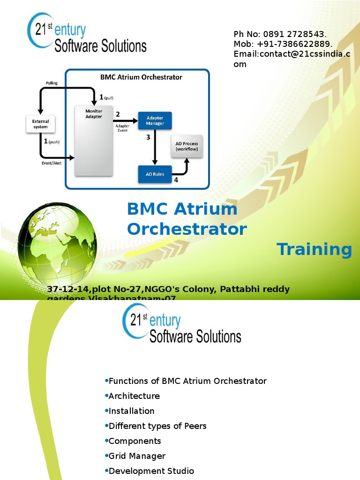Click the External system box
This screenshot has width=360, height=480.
pyautogui.click(x=40, y=124)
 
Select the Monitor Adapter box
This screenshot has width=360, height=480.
pyautogui.click(x=94, y=141)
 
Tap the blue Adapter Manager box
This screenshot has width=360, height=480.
pyautogui.click(x=155, y=120)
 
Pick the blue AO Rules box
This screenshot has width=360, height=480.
pyautogui.click(x=155, y=174)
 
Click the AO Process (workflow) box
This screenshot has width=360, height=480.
pyautogui.click(x=187, y=146)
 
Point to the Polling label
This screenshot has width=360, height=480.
pyautogui.click(x=52, y=83)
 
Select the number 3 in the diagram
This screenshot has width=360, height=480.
pyautogui.click(x=148, y=137)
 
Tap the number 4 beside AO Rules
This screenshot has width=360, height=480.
pyautogui.click(x=176, y=180)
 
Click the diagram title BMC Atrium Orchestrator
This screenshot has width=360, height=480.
pyautogui.click(x=141, y=77)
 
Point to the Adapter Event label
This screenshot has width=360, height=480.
pyautogui.click(x=122, y=128)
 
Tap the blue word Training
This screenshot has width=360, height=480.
pyautogui.click(x=314, y=249)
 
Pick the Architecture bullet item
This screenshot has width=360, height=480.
pyautogui.click(x=134, y=396)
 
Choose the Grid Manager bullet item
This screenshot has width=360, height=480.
pyautogui.click(x=137, y=456)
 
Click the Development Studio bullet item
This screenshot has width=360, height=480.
pyautogui.click(x=151, y=471)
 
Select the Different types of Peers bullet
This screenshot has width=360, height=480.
pyautogui.click(x=157, y=426)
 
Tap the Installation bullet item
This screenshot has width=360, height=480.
pyautogui.click(x=131, y=411)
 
